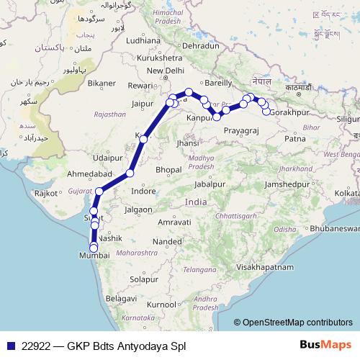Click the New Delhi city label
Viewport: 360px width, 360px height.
[x=166, y=71]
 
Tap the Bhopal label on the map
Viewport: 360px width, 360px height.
[x=167, y=169]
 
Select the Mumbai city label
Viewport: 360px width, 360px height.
[x=97, y=255]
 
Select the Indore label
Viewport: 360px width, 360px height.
[x=143, y=191]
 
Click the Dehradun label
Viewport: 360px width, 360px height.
[x=201, y=45]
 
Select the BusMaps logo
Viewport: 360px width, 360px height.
[x=325, y=345]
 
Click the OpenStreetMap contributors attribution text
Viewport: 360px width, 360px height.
[x=297, y=323]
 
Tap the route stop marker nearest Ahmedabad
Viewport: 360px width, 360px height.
[x=130, y=173]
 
